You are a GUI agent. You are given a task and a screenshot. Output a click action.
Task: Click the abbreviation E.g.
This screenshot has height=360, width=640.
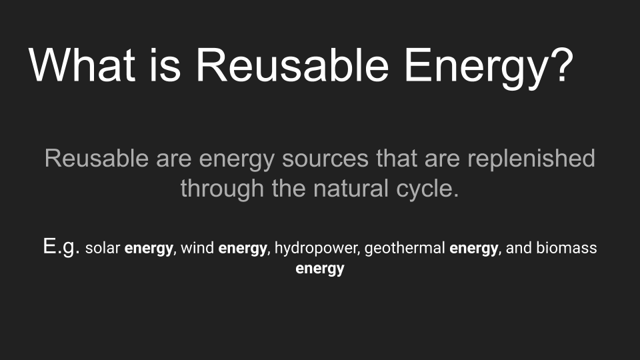(62, 248)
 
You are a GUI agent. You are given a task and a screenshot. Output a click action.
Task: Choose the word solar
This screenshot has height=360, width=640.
(103, 249)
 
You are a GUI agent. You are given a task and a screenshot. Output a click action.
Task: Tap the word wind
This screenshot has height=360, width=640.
(197, 249)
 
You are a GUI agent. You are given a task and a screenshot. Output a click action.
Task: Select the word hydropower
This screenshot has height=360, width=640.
(317, 249)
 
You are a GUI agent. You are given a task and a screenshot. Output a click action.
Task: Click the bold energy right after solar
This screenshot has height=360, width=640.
(149, 249)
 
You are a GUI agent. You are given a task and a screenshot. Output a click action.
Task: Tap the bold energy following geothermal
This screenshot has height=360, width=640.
(474, 249)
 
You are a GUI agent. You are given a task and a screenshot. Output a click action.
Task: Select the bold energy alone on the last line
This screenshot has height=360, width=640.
(320, 269)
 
